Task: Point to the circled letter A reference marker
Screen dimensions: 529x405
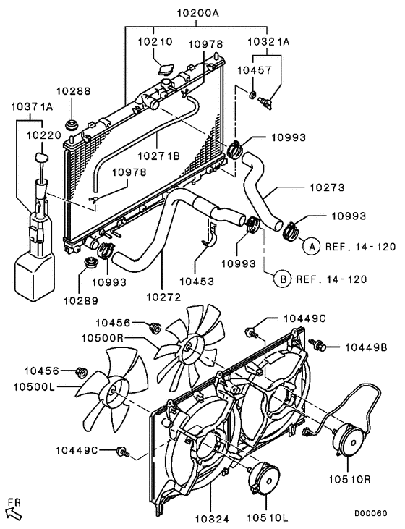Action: tap(311, 247)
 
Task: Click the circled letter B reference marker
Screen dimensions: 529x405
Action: tap(283, 278)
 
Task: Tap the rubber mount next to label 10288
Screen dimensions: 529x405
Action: tap(73, 125)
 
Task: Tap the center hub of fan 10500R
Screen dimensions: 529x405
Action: tap(189, 349)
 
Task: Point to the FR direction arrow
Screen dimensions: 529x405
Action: tap(13, 512)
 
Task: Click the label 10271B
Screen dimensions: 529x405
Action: tap(156, 155)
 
